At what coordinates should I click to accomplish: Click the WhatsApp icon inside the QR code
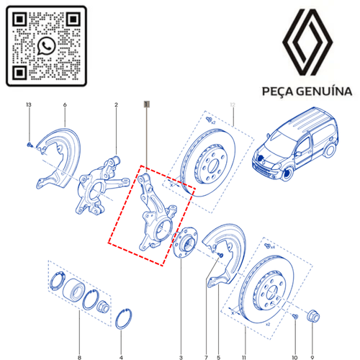(x=46, y=45)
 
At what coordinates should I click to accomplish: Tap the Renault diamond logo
(x=307, y=42)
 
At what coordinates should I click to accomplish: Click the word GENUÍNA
(x=324, y=91)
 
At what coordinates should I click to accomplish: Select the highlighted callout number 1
(x=147, y=104)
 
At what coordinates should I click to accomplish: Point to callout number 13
(x=29, y=104)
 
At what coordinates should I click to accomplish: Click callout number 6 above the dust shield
(x=65, y=105)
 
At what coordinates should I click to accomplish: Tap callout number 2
(x=116, y=105)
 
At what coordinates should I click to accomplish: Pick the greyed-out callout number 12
(x=233, y=105)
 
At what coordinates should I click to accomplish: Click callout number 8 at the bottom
(x=79, y=358)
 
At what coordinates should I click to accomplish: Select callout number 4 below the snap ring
(x=121, y=358)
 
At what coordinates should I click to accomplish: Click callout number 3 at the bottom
(x=181, y=358)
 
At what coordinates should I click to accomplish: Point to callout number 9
(x=312, y=358)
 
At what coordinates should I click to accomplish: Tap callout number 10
(x=294, y=358)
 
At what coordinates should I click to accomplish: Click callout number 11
(x=244, y=358)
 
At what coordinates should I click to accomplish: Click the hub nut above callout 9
(x=313, y=316)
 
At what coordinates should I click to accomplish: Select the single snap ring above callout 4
(x=124, y=319)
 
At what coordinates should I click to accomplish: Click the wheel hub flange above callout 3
(x=185, y=243)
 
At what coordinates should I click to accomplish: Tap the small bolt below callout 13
(x=30, y=145)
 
